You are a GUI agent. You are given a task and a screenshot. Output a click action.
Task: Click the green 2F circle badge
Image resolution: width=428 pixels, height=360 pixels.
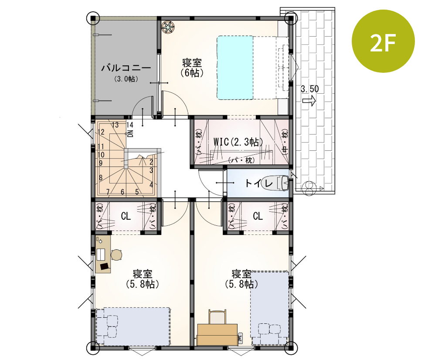(383, 42)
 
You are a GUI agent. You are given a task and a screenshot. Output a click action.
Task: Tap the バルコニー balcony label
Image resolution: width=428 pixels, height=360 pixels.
(126, 68)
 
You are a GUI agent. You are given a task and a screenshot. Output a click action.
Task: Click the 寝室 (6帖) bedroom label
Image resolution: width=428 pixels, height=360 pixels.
(192, 68)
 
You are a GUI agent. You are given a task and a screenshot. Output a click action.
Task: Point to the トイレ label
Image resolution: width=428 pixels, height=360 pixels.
(259, 183)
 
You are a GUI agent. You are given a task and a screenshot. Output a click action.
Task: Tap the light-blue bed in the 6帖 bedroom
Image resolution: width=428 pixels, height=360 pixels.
(235, 68)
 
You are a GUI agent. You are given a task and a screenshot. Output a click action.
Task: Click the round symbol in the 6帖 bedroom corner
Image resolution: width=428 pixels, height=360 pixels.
(168, 27)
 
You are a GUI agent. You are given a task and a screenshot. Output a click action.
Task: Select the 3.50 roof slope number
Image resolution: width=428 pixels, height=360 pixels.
(310, 89)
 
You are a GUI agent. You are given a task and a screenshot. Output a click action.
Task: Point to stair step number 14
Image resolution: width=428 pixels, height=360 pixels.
(129, 125)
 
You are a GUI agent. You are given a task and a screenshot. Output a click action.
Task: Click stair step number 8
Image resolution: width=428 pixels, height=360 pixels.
(101, 177)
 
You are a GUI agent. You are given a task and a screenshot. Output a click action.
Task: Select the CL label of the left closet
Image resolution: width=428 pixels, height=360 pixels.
(126, 216)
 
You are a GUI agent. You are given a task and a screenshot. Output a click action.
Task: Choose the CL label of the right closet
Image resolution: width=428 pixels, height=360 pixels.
(258, 216)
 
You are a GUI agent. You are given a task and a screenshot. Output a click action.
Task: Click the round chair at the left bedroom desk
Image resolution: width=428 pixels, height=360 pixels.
(116, 255)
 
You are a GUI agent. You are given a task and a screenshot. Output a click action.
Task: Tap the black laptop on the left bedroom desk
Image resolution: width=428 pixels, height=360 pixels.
(105, 265)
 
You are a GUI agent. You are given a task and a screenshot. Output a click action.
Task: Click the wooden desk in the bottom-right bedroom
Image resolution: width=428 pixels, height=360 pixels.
(217, 334)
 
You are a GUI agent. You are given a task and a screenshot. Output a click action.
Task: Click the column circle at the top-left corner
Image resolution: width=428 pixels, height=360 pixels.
(93, 18)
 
